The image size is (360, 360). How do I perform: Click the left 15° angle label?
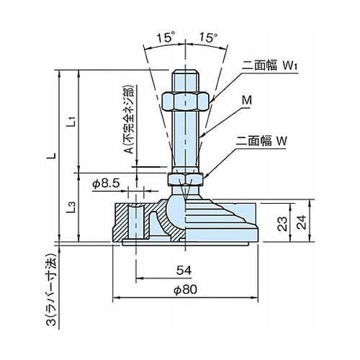point(166,38)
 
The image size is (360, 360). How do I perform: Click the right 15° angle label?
point(209,37)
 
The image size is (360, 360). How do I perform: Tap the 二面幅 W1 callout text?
point(269,65)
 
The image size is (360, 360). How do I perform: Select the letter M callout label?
point(247,100)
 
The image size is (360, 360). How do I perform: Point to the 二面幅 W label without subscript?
point(261,141)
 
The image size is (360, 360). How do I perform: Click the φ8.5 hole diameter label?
point(106,184)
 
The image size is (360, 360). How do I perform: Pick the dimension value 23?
point(282,224)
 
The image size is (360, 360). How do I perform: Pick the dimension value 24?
point(302,222)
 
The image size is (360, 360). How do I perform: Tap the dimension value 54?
point(184,270)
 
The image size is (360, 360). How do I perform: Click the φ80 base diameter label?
point(185,289)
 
